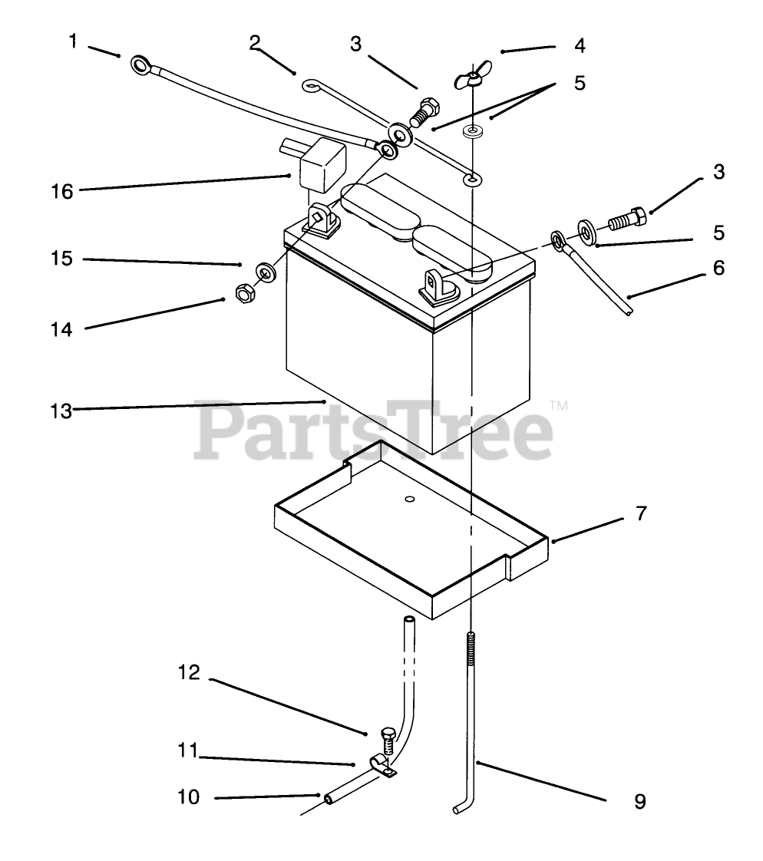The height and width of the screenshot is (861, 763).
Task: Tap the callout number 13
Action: (61, 411)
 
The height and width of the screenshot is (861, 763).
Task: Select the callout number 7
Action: (640, 513)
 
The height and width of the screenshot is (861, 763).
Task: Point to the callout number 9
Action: (639, 802)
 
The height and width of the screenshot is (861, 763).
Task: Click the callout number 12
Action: (189, 673)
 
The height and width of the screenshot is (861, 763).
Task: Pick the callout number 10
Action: (187, 798)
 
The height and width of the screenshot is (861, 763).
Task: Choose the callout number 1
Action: (74, 41)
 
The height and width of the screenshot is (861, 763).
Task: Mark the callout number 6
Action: (718, 268)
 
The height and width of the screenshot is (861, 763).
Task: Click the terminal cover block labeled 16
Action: (322, 163)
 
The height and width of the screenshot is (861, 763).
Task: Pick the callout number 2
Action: (255, 43)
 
